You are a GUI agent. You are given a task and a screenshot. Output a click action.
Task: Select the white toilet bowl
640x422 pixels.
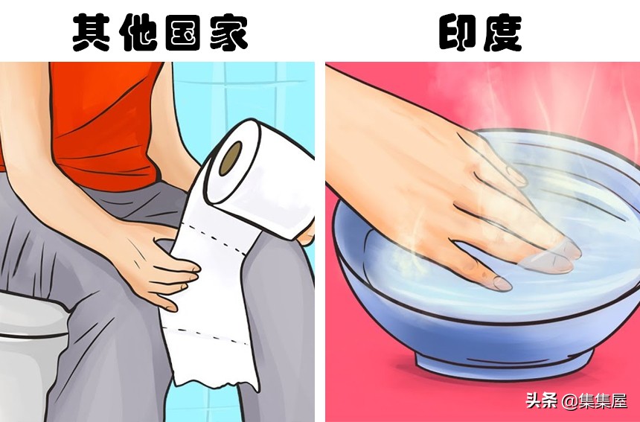[x=30, y=350]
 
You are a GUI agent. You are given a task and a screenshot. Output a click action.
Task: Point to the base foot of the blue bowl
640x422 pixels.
[x=506, y=365]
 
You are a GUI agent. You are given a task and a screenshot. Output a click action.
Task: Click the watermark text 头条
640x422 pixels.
[x=542, y=402]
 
